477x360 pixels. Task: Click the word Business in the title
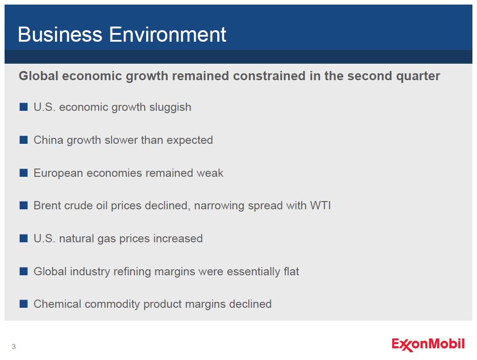[60, 34]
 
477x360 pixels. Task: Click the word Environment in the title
[168, 34]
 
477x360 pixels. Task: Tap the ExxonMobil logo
[428, 345]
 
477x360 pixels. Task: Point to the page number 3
[14, 346]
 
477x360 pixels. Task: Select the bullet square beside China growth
[23, 140]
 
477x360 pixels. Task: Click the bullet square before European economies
[23, 173]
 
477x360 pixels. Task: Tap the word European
[58, 173]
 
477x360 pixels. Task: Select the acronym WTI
[320, 206]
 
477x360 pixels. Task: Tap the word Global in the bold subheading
[38, 76]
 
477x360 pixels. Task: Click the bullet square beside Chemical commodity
[23, 304]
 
